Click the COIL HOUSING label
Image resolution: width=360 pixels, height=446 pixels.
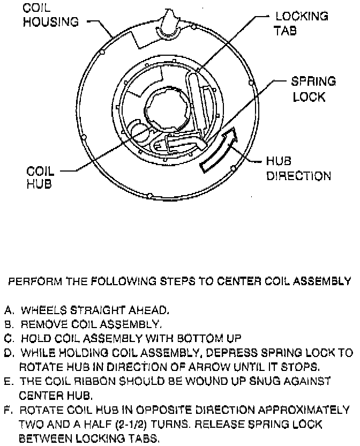click(x=50, y=16)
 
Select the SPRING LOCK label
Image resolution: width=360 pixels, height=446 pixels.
click(x=313, y=90)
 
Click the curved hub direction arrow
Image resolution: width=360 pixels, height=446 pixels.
click(x=220, y=150)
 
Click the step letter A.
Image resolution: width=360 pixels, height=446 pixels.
click(x=9, y=310)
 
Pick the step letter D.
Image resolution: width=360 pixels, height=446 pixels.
click(x=9, y=353)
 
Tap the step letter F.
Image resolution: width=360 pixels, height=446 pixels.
click(x=9, y=411)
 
